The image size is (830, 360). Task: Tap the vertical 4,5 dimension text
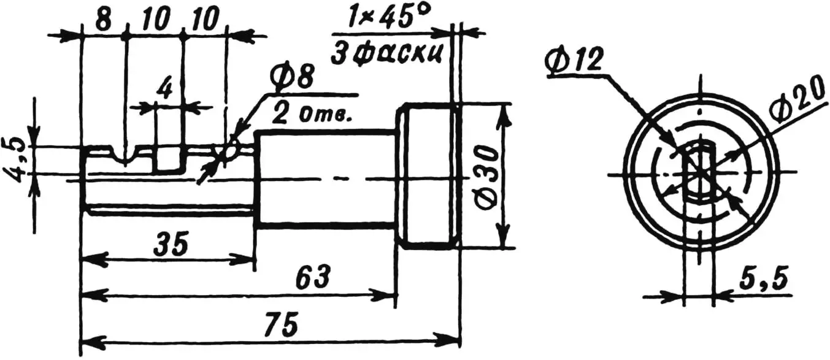18,159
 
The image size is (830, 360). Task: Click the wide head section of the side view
428,175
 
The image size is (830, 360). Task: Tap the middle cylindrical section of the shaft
325,178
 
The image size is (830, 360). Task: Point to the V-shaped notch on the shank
125,156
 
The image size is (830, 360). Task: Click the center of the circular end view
699,175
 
